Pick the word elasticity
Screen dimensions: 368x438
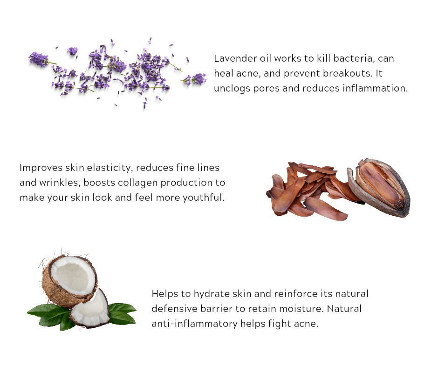pyautogui.click(x=107, y=168)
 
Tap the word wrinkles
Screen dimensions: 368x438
pyautogui.click(x=57, y=183)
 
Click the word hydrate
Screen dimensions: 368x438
pyautogui.click(x=203, y=294)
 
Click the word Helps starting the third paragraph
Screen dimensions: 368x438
pyautogui.click(x=164, y=294)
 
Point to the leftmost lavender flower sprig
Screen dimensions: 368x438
pyautogui.click(x=39, y=59)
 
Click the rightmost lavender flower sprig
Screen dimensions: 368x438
pyautogui.click(x=196, y=79)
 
